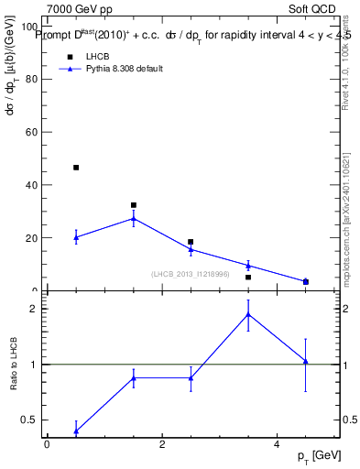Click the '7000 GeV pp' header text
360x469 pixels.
tap(80, 9)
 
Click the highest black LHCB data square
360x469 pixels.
tap(76, 168)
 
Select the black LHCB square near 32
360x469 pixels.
tap(134, 205)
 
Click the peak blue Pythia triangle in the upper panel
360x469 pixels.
tap(134, 219)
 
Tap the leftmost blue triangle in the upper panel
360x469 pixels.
tap(76, 237)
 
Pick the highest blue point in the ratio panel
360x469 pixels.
tap(248, 314)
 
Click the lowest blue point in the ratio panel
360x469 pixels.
tap(76, 431)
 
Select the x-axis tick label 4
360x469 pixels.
tap(277, 444)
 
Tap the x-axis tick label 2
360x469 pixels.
tap(161, 444)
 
